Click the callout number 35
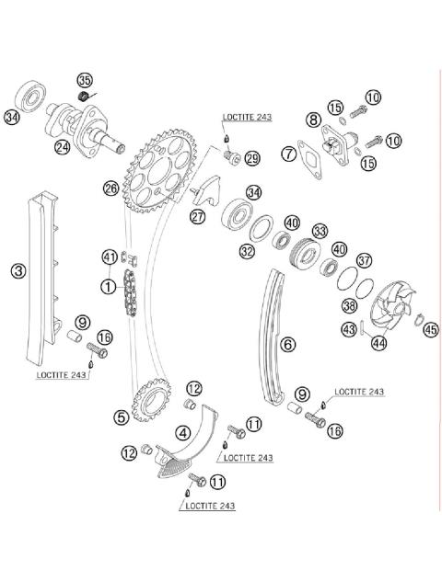click(x=86, y=80)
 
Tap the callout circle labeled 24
click(x=63, y=146)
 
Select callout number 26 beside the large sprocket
click(x=110, y=188)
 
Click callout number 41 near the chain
click(x=110, y=257)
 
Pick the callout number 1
click(x=110, y=286)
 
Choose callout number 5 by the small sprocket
click(x=122, y=417)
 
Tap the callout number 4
click(x=184, y=431)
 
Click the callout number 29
click(x=251, y=158)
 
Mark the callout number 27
click(x=198, y=217)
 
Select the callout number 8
click(x=314, y=120)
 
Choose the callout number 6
click(x=288, y=344)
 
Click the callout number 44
click(x=378, y=343)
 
